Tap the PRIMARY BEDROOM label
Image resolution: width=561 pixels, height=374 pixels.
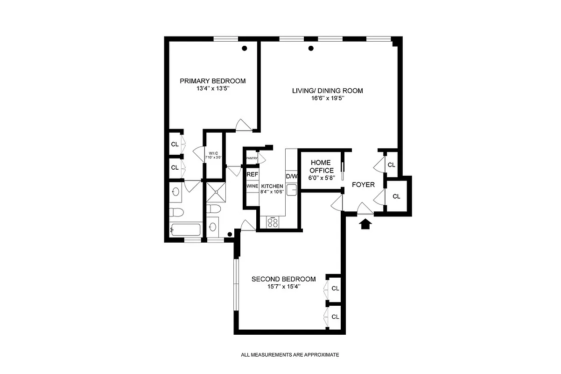213,81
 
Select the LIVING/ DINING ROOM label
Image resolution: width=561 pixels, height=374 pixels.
327,91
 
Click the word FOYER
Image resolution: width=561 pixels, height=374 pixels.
363,185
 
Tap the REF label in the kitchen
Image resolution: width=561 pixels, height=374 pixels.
252,174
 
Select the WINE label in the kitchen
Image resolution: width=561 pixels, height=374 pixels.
252,186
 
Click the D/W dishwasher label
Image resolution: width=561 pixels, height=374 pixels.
292,176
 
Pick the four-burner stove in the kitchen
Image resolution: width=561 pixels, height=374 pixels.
272,223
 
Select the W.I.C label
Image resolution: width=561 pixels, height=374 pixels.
214,153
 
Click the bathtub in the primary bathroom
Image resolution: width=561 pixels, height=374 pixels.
186,230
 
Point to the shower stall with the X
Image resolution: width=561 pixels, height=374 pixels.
216,190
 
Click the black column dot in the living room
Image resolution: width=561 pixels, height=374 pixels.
311,48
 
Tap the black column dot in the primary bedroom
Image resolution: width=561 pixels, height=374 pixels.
244,48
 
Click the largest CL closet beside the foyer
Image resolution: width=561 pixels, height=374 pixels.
396,196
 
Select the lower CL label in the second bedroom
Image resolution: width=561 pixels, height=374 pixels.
335,316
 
